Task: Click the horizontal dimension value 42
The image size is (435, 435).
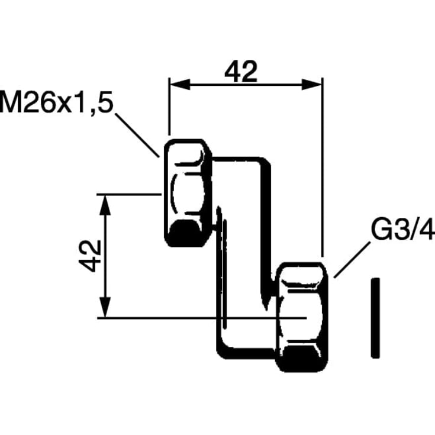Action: [241, 72]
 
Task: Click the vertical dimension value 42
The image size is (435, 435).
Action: [90, 256]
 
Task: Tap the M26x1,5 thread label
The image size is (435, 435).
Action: [57, 102]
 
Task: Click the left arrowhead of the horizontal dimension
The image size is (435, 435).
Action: [180, 84]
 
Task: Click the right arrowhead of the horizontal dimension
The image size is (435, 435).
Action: [312, 84]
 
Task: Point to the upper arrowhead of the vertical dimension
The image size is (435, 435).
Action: [105, 205]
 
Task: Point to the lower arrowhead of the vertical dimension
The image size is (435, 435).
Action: [105, 307]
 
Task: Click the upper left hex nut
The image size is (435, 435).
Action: [188, 193]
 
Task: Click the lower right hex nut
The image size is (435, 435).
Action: [302, 317]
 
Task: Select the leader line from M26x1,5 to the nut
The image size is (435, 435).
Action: [137, 135]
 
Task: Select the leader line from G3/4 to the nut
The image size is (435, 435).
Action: [352, 260]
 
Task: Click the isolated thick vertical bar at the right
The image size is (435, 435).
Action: [375, 318]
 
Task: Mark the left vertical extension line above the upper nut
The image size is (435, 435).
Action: [169, 107]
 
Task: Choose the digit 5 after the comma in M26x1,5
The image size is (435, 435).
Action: [106, 102]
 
